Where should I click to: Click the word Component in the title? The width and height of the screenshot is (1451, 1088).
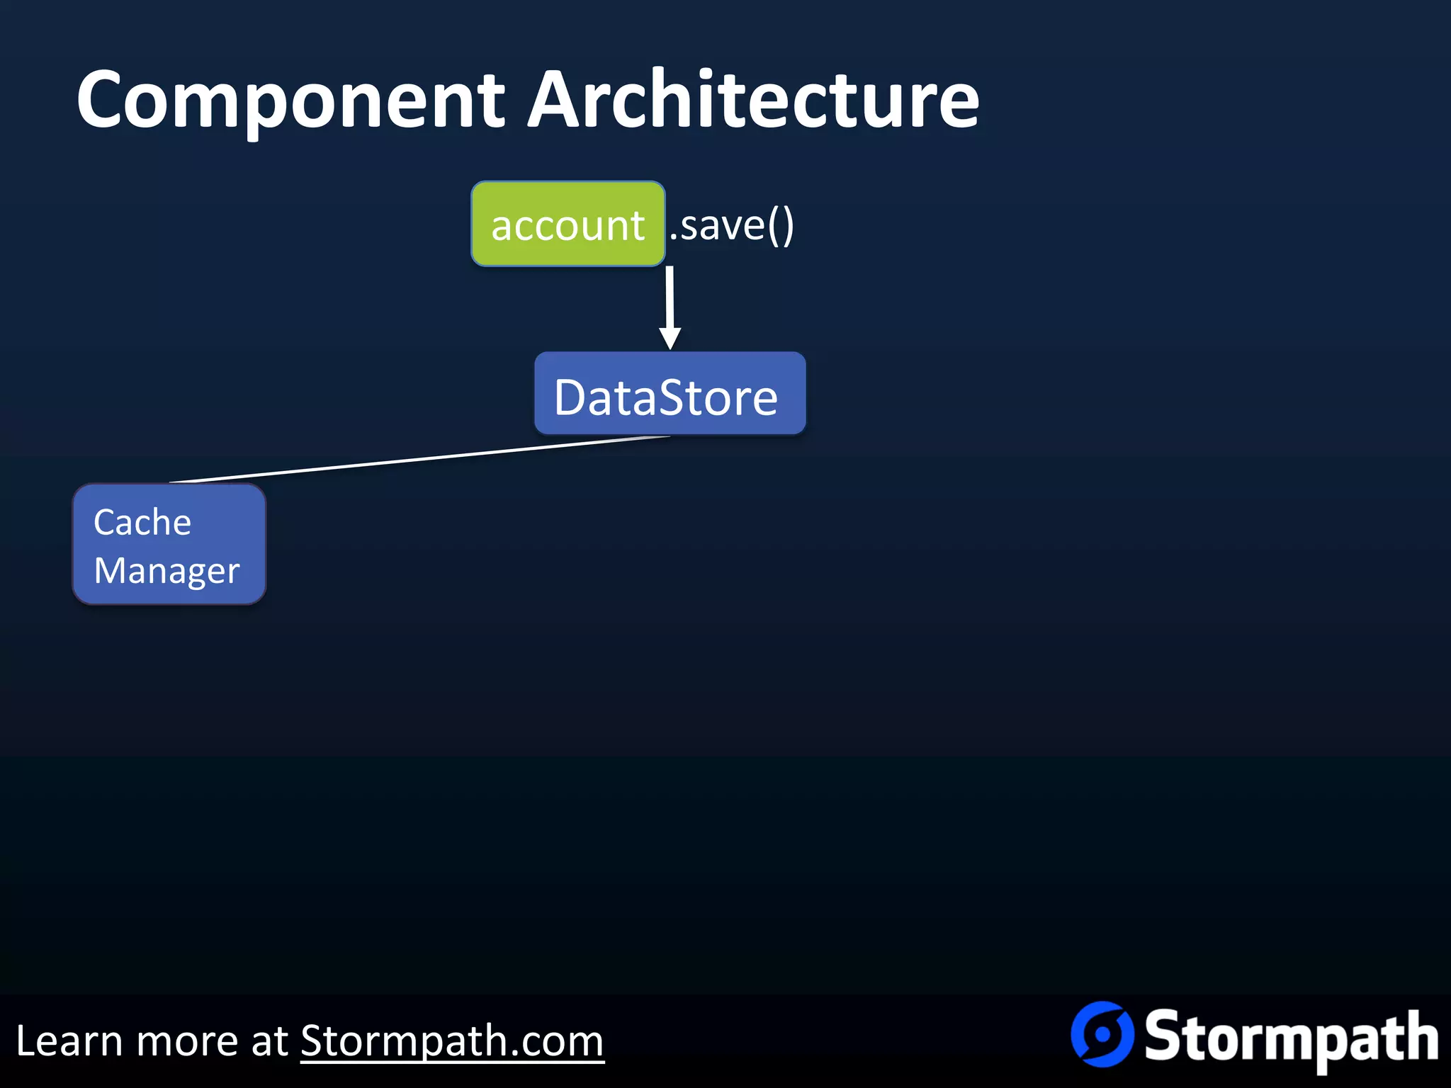point(290,101)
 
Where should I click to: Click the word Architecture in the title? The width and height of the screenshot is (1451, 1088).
point(754,101)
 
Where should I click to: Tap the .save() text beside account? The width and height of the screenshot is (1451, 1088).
point(731,226)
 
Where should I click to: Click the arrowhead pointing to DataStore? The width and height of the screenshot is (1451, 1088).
point(670,339)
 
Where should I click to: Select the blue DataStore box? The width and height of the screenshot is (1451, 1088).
point(670,394)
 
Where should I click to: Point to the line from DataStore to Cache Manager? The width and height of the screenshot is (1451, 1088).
point(418,459)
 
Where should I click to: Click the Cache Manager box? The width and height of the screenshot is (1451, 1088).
point(169,544)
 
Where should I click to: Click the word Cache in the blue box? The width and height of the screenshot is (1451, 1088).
point(142,523)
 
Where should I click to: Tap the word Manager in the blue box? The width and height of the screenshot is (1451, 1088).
point(166,571)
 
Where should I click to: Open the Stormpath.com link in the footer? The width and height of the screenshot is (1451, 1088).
point(452,1041)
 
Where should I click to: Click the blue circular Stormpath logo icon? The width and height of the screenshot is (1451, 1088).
point(1102,1034)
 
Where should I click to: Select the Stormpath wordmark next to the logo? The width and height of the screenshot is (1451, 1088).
point(1291,1038)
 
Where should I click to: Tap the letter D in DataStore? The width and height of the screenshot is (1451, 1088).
point(571,397)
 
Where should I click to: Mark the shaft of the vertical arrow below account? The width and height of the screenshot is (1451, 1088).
point(670,297)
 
